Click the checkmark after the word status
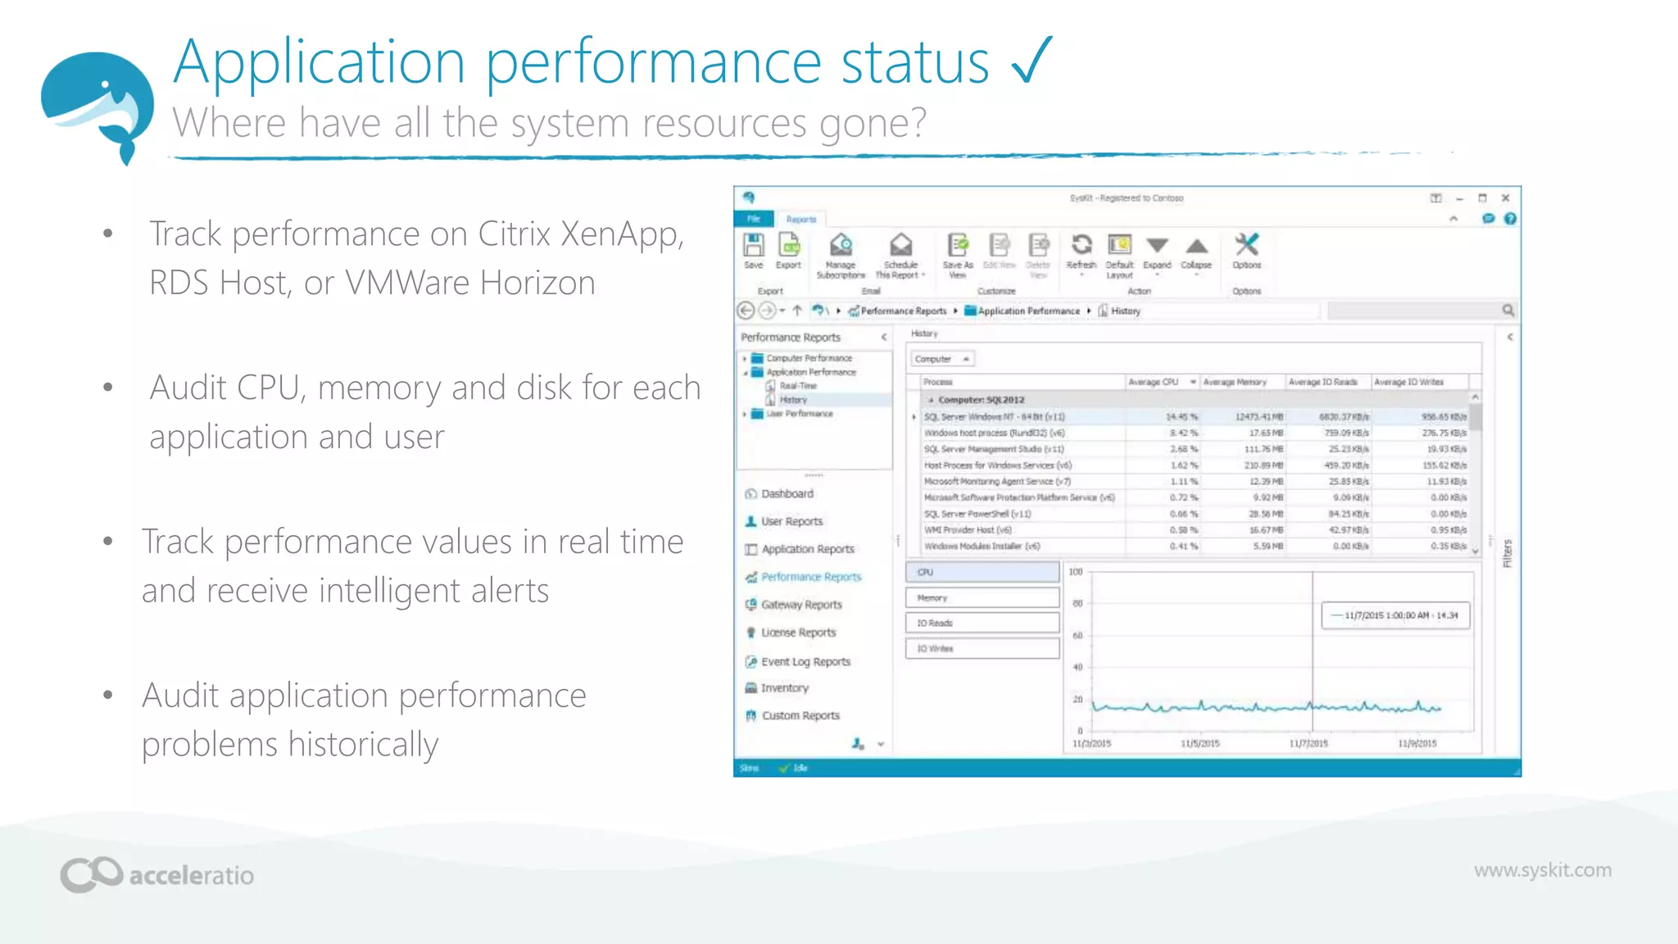click(1032, 61)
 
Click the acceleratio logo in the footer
click(157, 874)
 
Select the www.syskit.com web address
click(1542, 869)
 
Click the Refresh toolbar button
click(1081, 251)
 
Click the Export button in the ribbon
click(788, 251)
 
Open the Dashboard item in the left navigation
click(787, 493)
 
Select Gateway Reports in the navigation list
click(800, 605)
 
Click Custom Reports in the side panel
click(800, 715)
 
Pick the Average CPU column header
click(1154, 382)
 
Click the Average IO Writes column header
click(1408, 382)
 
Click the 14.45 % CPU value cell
click(1181, 417)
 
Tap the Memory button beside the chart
click(982, 598)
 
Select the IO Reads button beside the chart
click(982, 624)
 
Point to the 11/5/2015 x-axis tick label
click(1200, 743)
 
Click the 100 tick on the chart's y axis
click(1076, 572)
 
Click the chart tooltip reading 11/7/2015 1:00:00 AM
click(1395, 615)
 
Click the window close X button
click(1505, 198)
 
